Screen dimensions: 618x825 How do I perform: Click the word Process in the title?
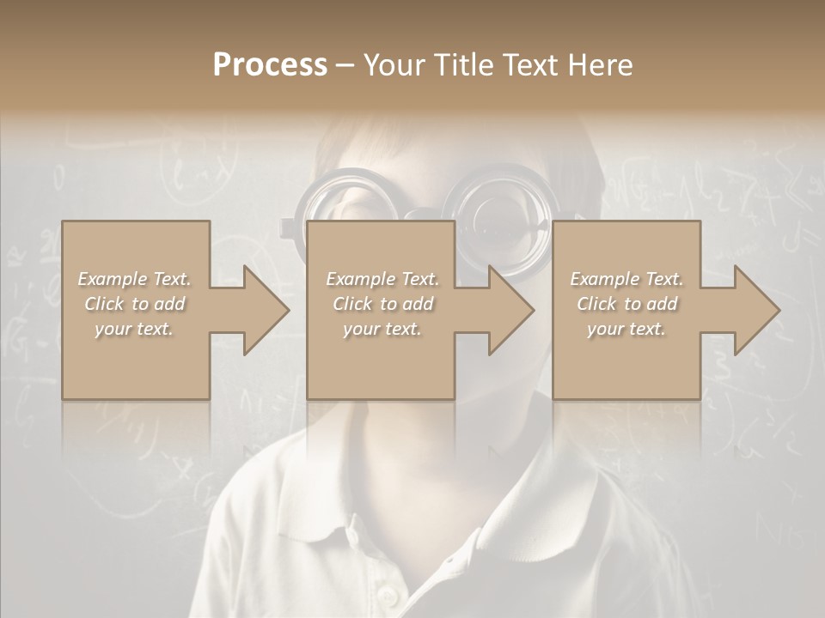tap(270, 65)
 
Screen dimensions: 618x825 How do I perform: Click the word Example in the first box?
tap(112, 279)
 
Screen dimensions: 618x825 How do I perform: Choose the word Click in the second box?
tap(354, 304)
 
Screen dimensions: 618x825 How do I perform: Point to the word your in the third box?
tap(607, 329)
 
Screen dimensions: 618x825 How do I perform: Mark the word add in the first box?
tap(169, 304)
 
